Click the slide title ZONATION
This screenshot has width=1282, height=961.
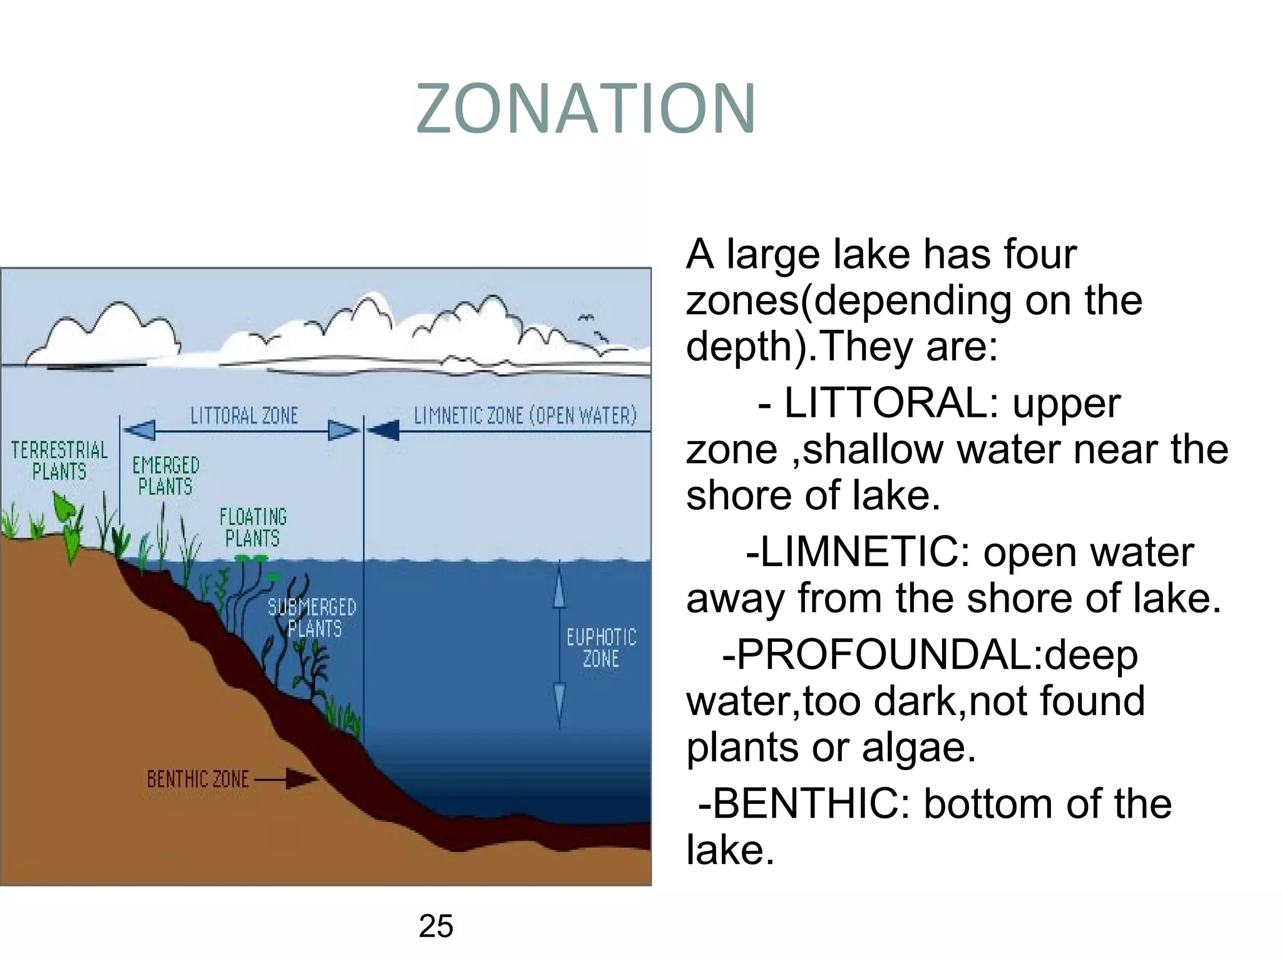(x=586, y=109)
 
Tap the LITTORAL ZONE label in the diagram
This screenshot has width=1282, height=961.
(x=244, y=416)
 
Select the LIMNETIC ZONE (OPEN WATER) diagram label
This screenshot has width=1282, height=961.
(x=525, y=416)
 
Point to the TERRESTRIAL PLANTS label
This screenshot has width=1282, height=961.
(x=59, y=460)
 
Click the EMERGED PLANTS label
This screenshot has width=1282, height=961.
(x=165, y=475)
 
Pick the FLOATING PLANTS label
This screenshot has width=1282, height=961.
(x=253, y=527)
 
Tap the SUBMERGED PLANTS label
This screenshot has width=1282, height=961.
(x=312, y=618)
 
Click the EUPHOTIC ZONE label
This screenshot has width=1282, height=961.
(x=601, y=648)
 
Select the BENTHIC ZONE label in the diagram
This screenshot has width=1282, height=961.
(x=198, y=779)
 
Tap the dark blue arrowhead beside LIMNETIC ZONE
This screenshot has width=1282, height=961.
(x=382, y=430)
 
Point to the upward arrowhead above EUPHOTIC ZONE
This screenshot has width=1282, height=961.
(x=559, y=591)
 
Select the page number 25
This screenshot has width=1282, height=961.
(x=436, y=927)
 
